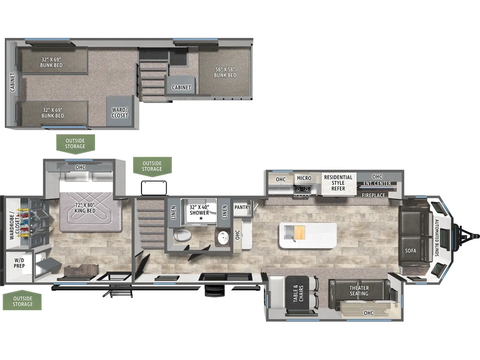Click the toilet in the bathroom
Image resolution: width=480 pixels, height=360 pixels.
(x=182, y=235)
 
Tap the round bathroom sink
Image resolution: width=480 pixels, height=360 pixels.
(x=224, y=237)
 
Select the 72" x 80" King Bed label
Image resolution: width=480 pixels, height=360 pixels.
(x=85, y=207)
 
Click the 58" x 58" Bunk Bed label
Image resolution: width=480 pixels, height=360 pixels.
(x=225, y=72)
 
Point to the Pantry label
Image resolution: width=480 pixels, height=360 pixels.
(x=242, y=207)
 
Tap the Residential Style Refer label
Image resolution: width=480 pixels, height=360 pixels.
(x=338, y=183)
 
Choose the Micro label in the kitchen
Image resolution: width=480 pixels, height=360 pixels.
(x=304, y=178)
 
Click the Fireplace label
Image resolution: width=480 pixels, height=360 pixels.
(x=373, y=195)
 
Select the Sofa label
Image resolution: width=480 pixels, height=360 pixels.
(x=410, y=251)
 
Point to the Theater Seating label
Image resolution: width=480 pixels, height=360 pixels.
(x=359, y=291)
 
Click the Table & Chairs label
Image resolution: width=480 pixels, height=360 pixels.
(x=298, y=294)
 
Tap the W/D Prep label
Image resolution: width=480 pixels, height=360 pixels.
(x=19, y=263)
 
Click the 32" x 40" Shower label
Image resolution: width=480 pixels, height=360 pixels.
(x=199, y=210)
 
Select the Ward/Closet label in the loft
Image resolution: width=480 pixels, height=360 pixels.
(x=120, y=113)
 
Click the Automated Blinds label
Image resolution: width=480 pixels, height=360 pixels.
(x=437, y=238)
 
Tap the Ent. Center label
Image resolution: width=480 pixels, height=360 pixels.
(x=377, y=183)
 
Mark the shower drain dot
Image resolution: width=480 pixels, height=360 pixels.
(x=201, y=218)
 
